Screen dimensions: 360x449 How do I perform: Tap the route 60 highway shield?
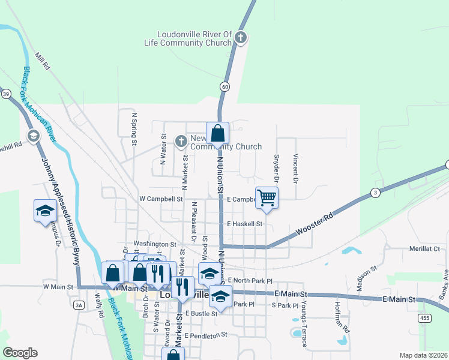pos(224,86)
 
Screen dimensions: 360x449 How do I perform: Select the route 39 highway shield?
pos(6,94)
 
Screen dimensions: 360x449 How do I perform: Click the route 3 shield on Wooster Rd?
pos(375,193)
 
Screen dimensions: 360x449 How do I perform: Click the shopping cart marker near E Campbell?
pos(267,197)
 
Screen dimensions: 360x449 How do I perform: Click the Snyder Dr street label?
pos(277,169)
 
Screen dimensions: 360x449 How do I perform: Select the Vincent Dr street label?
pos(295,167)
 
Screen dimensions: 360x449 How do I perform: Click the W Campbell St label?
pos(160,199)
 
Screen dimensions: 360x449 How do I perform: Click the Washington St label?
pos(155,245)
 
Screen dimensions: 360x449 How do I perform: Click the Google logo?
pos(20,353)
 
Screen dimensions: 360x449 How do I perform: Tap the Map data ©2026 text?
pos(423,355)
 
